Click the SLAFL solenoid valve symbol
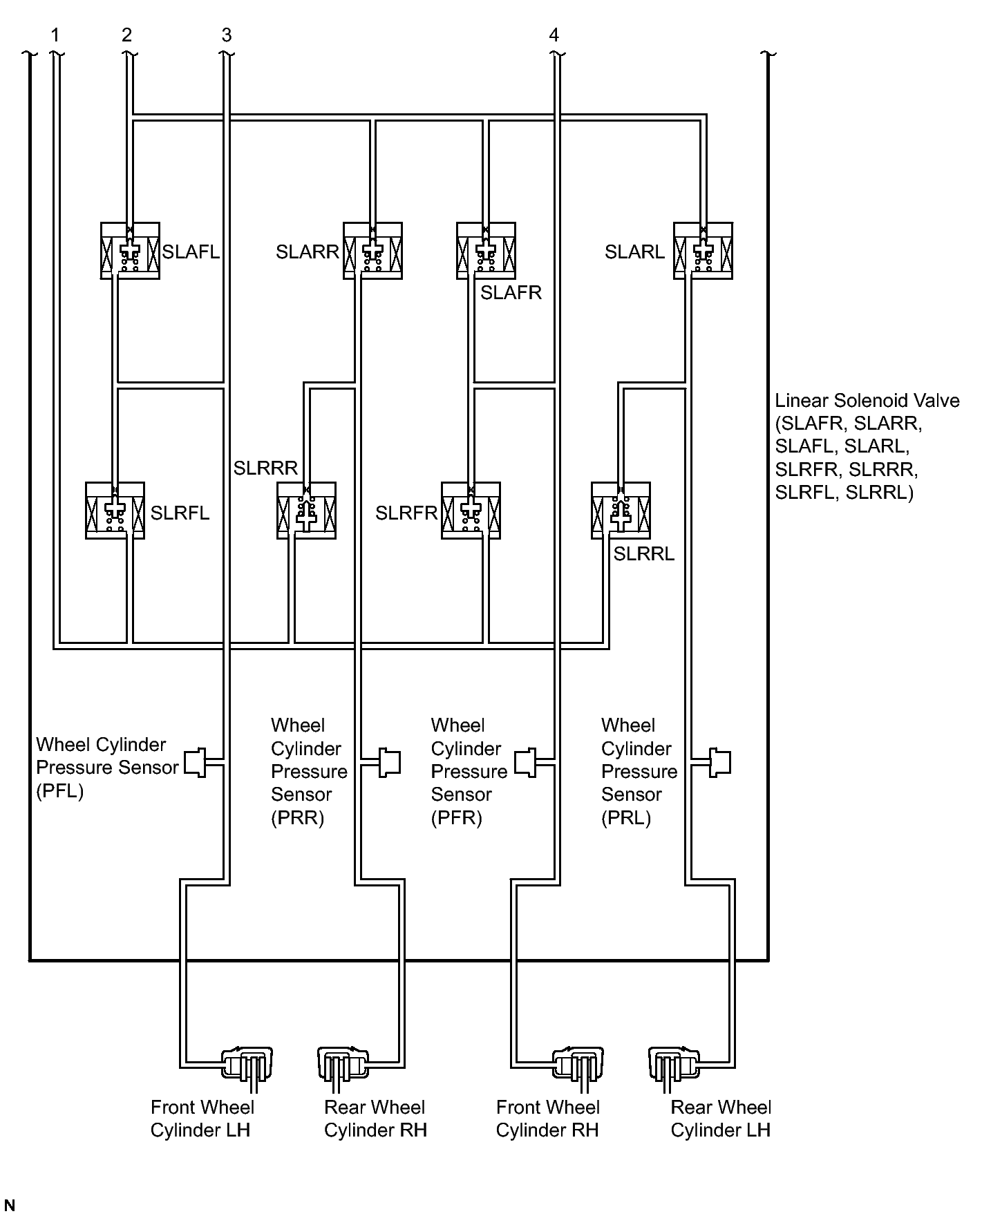130,250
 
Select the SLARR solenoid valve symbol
372,250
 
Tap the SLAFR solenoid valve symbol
486,250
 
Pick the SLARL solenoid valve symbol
704,250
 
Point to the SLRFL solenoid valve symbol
115,511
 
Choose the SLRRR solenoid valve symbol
306,511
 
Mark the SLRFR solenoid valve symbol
471,511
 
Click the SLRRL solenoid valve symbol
621,511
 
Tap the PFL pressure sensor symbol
196,762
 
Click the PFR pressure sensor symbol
525,762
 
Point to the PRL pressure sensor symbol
720,762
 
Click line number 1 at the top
55,35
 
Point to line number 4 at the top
554,35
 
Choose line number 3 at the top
227,35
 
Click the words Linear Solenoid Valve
867,401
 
